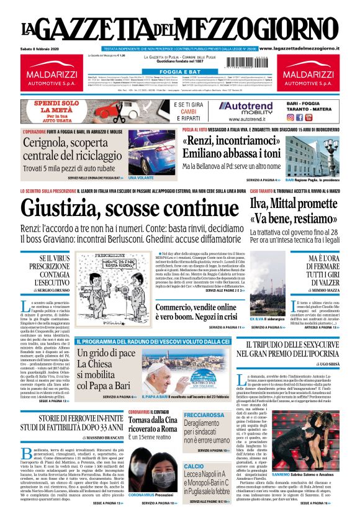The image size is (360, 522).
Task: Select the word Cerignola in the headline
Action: (51, 142)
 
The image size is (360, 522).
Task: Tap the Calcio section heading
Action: (194, 466)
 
